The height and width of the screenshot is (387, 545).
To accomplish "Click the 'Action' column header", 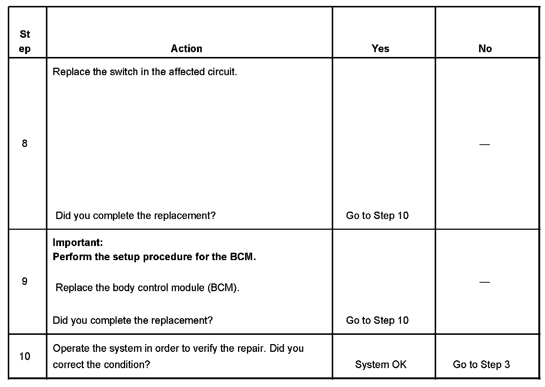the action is tap(186, 48).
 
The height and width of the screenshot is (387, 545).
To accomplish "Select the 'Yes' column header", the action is tap(380, 48).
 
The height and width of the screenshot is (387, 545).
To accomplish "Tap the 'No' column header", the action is tap(485, 48).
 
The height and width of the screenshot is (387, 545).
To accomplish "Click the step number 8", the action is tap(24, 144).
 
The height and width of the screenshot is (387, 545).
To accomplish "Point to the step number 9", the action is tap(24, 282).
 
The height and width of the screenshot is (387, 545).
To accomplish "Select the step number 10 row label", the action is tap(24, 356).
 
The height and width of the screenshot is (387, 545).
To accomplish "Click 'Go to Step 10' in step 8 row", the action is tap(377, 215).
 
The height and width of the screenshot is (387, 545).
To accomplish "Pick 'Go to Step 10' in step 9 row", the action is tap(377, 320).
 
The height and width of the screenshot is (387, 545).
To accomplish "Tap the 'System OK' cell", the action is tap(381, 364).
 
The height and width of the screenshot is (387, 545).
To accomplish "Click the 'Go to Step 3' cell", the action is tap(481, 364).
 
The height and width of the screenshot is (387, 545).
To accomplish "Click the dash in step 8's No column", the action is tap(484, 144).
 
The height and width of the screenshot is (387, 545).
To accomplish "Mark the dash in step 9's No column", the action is tap(484, 282).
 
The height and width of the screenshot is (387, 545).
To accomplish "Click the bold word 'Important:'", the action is tap(78, 242).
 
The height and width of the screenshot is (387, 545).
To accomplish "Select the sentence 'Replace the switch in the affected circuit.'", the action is tap(145, 72).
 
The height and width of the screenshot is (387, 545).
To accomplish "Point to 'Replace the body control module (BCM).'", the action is tap(147, 287).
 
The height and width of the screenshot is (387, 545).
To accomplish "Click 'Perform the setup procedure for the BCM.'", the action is tap(154, 257).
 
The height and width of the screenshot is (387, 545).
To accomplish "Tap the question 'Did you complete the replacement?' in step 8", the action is tap(136, 215).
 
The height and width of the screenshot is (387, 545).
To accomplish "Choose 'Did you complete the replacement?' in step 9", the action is tap(133, 320).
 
